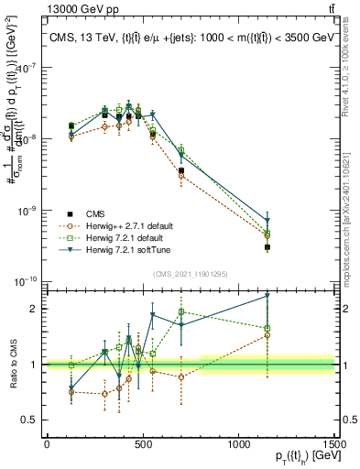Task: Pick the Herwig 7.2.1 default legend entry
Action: point(112,235)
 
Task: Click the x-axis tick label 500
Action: point(143,443)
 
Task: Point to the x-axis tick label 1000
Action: point(239,443)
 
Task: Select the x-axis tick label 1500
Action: point(335,443)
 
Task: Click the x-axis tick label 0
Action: point(47,443)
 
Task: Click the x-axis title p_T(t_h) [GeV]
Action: point(301,457)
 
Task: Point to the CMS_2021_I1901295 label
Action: point(190,273)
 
